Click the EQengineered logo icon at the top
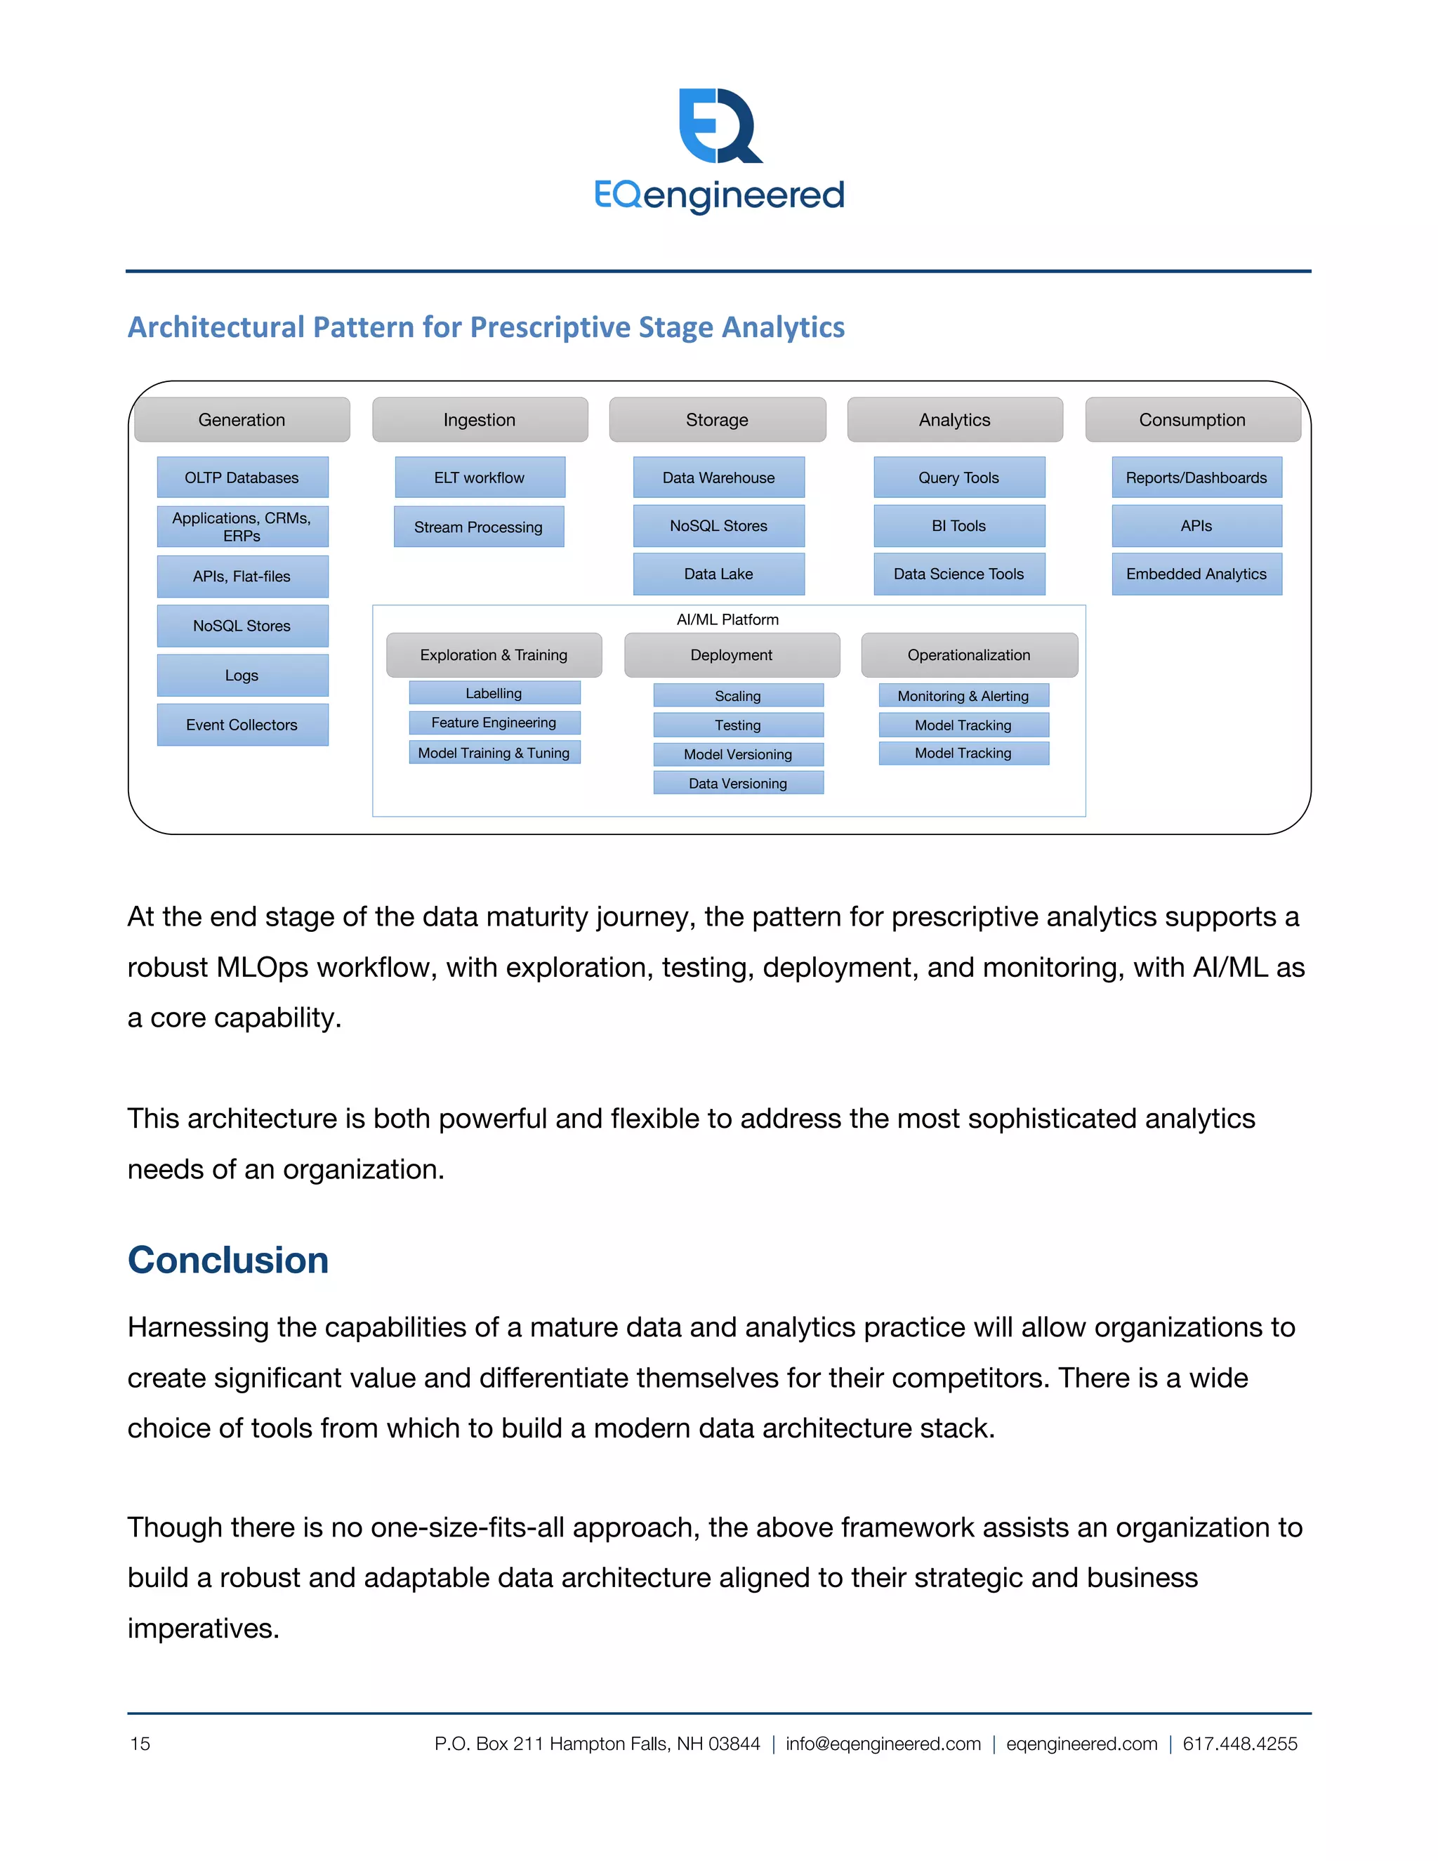tap(720, 126)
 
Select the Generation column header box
tap(242, 419)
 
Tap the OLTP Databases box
tap(242, 477)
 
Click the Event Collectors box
tap(242, 724)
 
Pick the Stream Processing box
tap(479, 527)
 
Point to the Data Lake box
tap(718, 574)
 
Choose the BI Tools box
tap(958, 526)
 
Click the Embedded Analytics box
tap(1196, 574)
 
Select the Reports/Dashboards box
tap(1196, 477)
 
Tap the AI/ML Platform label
tap(727, 619)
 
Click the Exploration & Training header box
tap(494, 655)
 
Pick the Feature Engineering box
tap(494, 723)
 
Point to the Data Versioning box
tap(738, 783)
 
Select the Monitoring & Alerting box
tap(963, 695)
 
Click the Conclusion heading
tap(228, 1259)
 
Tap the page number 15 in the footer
tap(140, 1744)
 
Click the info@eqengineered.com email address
tap(883, 1744)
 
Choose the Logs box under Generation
tap(242, 675)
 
